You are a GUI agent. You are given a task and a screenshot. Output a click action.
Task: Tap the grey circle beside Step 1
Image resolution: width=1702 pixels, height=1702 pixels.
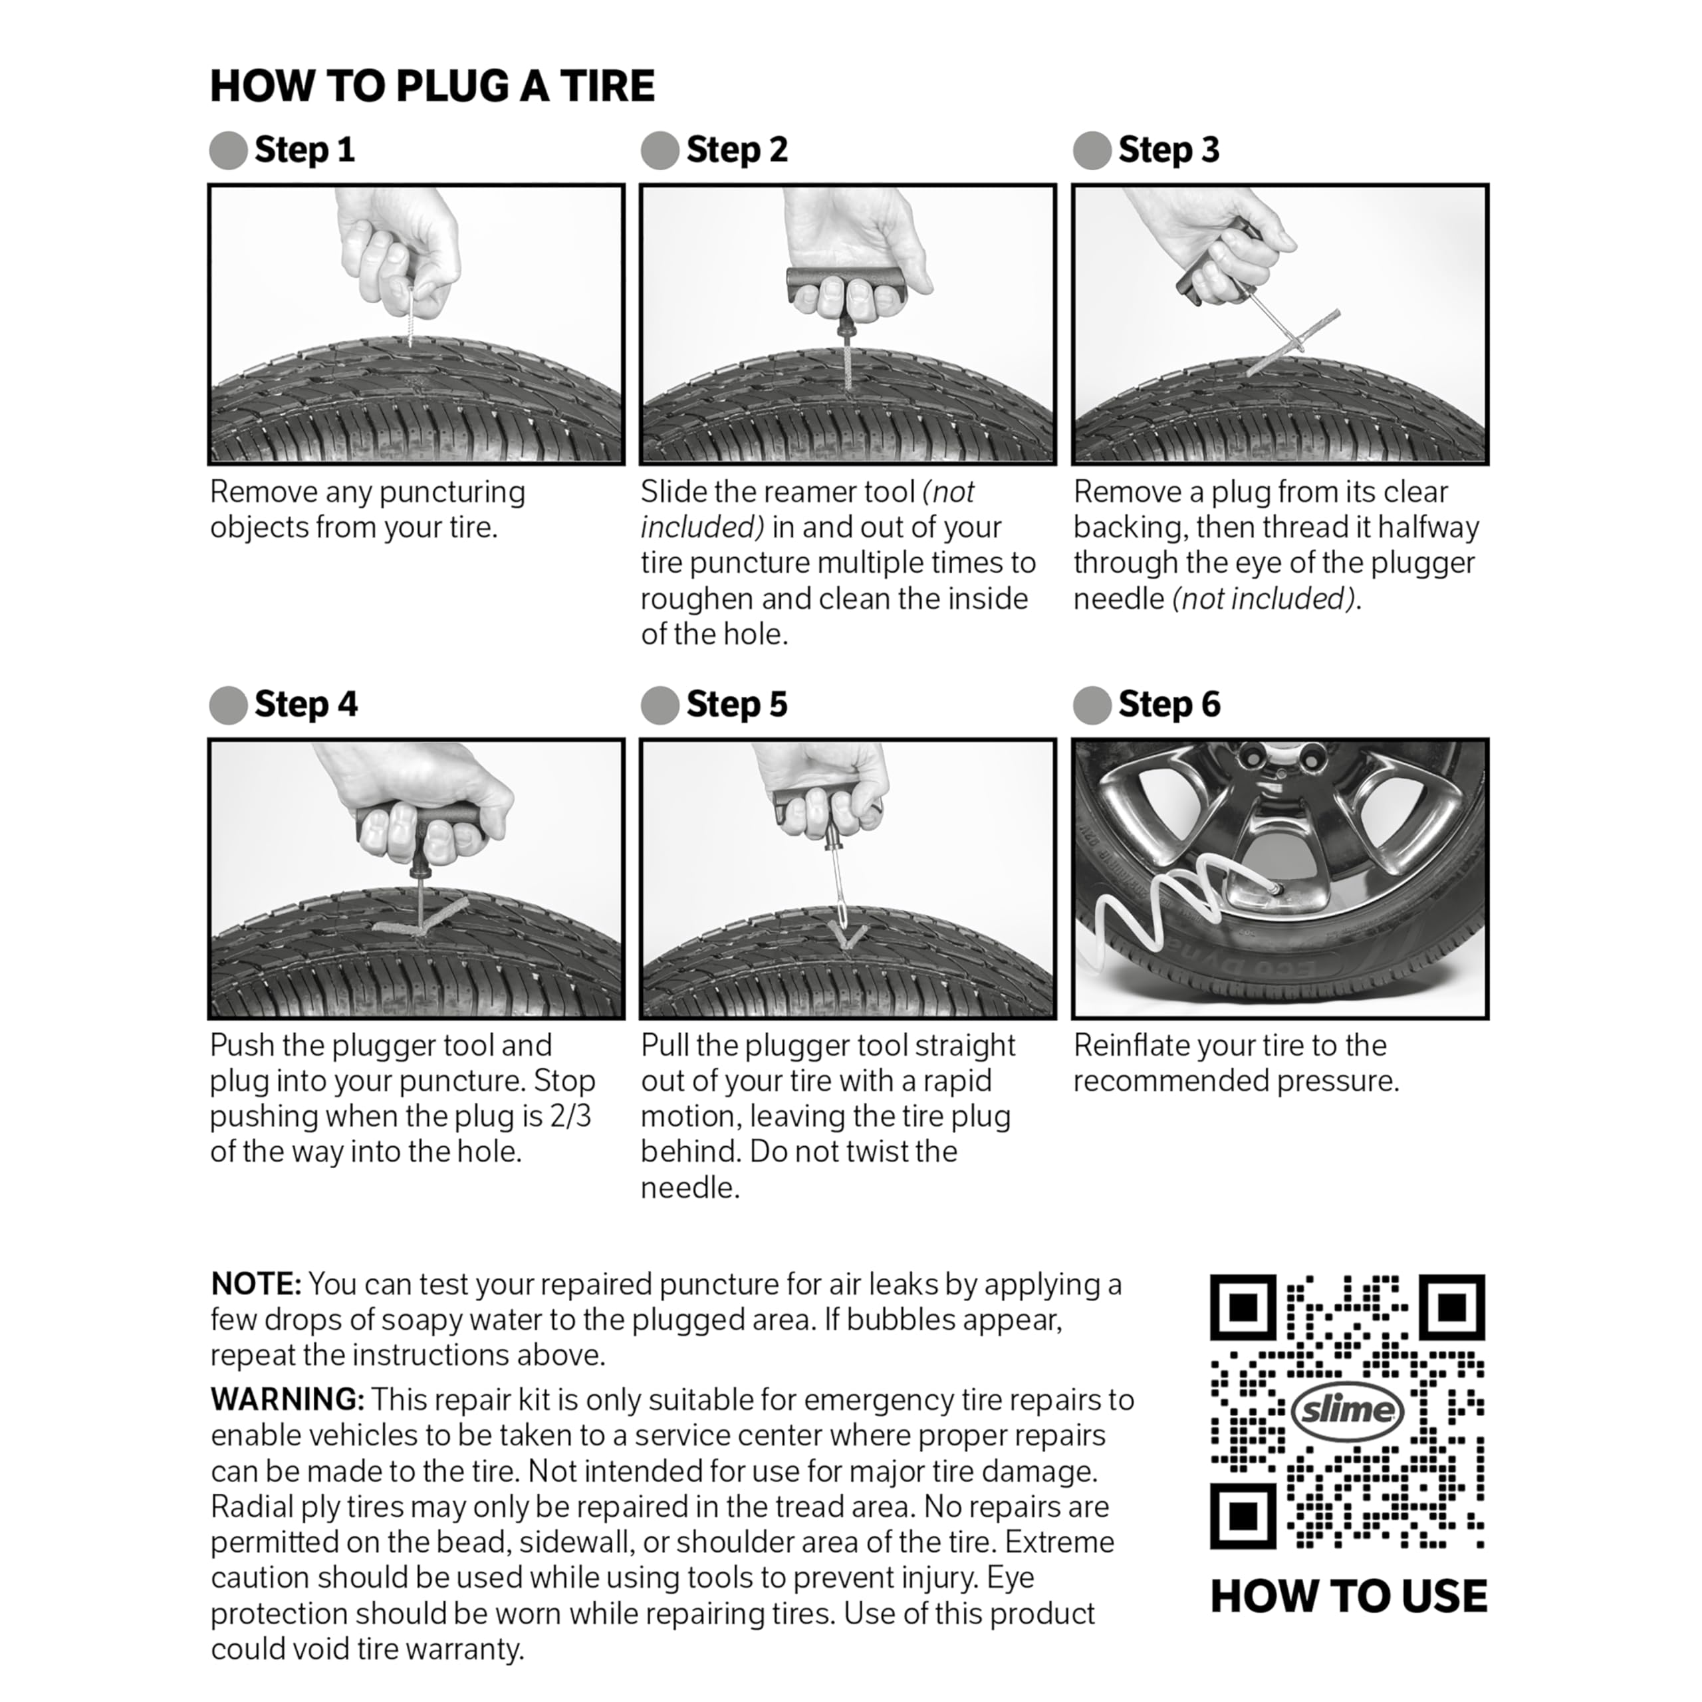[228, 151]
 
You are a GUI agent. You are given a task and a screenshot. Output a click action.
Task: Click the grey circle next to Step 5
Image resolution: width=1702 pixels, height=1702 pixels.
[660, 705]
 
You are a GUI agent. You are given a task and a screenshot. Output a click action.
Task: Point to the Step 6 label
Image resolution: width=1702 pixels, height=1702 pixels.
[1168, 705]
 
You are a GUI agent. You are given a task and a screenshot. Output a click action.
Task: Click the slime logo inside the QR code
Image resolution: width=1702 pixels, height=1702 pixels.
[1347, 1410]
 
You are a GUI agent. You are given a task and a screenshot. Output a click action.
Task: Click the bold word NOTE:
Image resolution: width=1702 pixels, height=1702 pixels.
[255, 1284]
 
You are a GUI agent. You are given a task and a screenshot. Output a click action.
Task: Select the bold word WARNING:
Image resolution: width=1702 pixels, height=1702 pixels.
[287, 1400]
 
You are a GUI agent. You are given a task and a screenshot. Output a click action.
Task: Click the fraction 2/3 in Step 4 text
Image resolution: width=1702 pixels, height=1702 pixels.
[570, 1116]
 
